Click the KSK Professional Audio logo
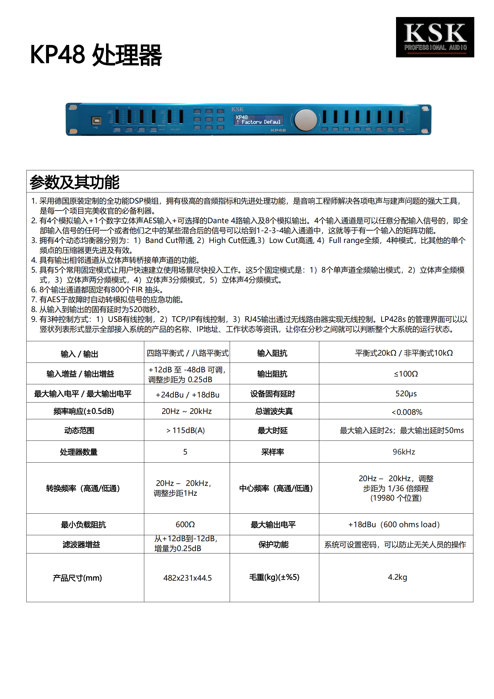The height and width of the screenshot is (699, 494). coord(435,37)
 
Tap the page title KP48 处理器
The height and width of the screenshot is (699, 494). coord(96,55)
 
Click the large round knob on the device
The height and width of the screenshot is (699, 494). coord(306,120)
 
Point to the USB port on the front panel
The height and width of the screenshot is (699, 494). coord(96,121)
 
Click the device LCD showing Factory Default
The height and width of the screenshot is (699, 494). coord(258,120)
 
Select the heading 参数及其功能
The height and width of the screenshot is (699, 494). coord(75,182)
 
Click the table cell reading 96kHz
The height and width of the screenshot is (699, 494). coord(404,452)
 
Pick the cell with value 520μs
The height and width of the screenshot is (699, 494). coord(406,394)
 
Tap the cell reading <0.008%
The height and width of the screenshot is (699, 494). coord(407,412)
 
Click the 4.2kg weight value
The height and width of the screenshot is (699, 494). coord(397,577)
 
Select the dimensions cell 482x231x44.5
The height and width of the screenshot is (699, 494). coord(187,578)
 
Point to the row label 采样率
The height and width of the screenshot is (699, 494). coord(273,452)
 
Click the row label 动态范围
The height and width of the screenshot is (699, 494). coord(79,430)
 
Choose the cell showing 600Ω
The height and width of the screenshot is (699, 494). coord(185,524)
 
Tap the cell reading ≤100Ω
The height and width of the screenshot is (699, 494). coord(406,374)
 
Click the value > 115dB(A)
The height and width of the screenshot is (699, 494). coord(185,430)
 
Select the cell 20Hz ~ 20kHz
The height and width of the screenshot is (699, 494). coord(186,411)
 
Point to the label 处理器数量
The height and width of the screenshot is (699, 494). coord(79,452)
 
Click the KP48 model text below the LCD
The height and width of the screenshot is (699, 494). coord(278,130)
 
